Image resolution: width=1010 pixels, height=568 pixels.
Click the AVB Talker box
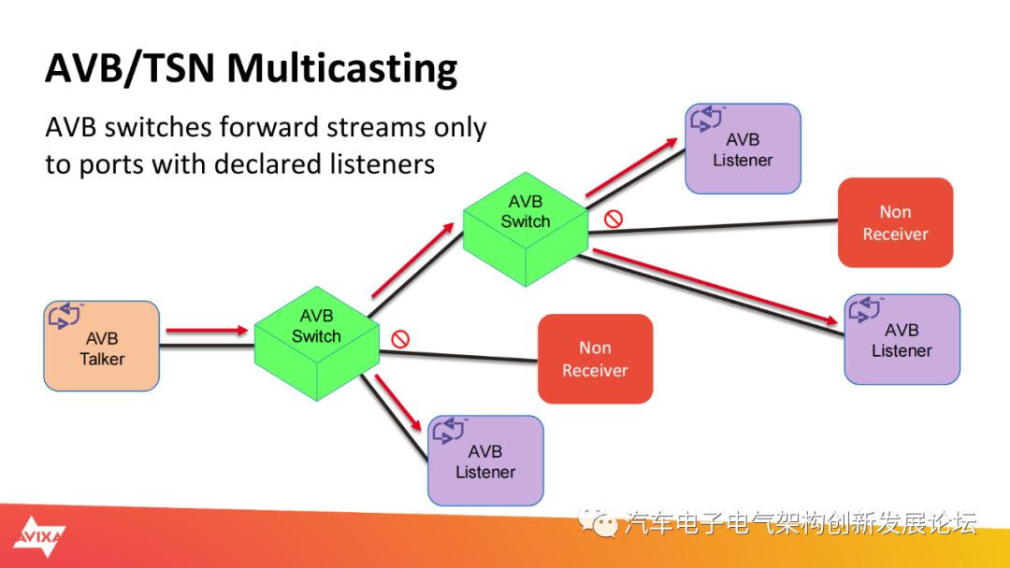point(102,346)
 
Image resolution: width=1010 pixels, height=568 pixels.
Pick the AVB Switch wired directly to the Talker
point(316,344)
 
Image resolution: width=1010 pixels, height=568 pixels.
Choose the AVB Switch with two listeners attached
point(526,229)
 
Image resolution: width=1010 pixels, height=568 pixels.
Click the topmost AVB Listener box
point(743,149)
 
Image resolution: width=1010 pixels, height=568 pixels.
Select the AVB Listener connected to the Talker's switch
point(485,461)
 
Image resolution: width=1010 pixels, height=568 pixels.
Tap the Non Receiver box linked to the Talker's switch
point(595,359)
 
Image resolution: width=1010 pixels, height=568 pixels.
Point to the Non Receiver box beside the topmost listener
point(895,222)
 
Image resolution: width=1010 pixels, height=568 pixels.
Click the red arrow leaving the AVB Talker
point(207,331)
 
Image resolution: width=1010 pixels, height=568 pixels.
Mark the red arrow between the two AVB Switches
point(413,260)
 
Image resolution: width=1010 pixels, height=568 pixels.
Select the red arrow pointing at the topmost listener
point(632,166)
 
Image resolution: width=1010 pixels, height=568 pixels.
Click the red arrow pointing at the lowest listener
point(398,403)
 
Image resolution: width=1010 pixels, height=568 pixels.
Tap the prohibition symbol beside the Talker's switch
point(400,339)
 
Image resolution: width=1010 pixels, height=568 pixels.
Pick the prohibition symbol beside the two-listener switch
point(613,220)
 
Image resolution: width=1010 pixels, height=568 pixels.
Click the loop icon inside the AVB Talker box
point(65,315)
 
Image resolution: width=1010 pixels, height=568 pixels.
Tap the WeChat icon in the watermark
point(597,522)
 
